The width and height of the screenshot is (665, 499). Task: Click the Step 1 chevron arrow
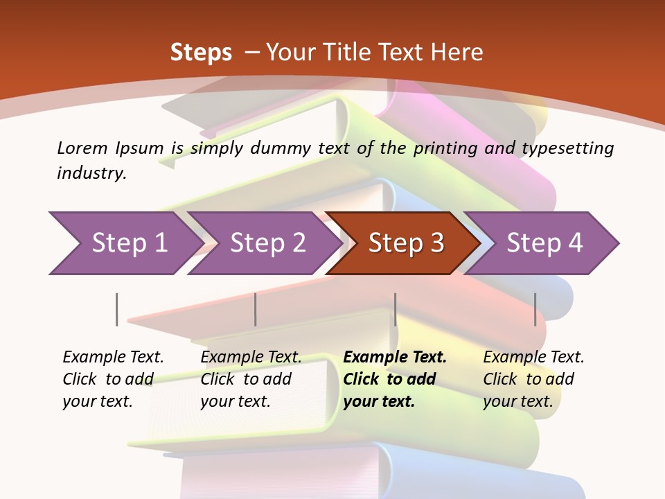point(129,243)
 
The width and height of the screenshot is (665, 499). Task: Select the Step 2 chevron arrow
point(267,243)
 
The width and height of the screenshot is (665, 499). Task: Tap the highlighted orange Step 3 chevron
point(406,243)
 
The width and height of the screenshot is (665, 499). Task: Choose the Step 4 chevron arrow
point(544,243)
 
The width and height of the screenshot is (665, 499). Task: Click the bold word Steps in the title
point(201,52)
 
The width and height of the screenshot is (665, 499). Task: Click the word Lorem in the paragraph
point(82,148)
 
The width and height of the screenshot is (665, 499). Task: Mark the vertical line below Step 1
point(117,309)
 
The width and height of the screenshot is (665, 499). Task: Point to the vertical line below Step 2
point(256,309)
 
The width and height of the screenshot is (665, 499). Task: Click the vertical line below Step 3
point(396,309)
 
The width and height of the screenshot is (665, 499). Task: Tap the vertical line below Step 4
point(535,309)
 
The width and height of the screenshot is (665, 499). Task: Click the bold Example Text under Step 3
point(395,357)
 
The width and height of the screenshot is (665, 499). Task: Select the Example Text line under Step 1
point(113,357)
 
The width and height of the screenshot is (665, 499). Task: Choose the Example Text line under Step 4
point(533,357)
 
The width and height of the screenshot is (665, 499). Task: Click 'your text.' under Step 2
point(236,401)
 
